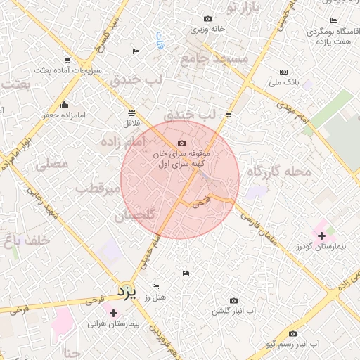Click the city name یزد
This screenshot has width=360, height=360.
click(125, 290)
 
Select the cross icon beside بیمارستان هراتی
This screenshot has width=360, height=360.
click(113, 312)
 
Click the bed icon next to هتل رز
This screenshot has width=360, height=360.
click(155, 286)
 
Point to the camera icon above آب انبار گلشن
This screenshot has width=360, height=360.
click(233, 300)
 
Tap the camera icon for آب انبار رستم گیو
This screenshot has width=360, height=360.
click(292, 333)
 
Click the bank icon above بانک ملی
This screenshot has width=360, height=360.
click(283, 72)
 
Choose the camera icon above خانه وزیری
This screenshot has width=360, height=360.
click(207, 19)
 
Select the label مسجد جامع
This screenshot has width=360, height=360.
click(214, 60)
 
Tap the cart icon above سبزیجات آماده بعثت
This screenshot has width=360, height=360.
click(67, 60)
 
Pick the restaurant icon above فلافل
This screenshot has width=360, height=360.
click(131, 112)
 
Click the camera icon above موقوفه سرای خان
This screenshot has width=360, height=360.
click(182, 143)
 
